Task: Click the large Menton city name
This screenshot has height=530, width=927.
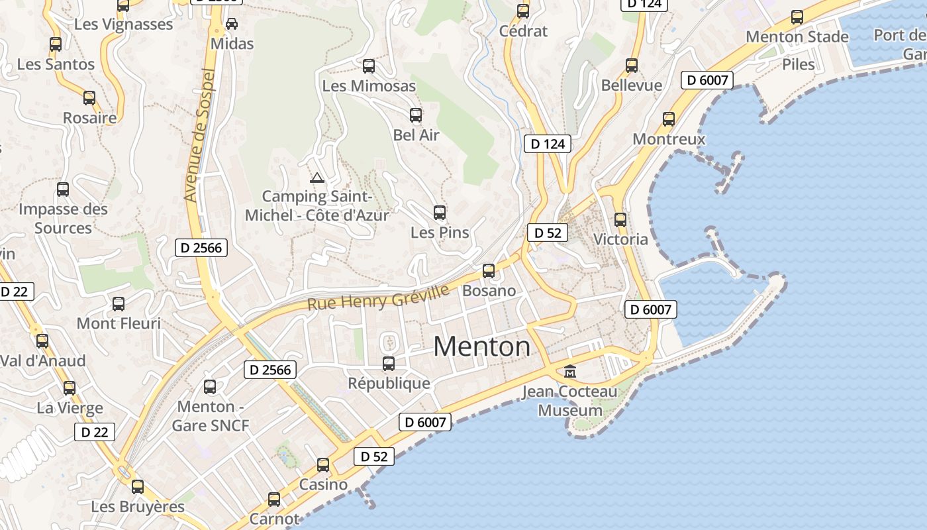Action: click(x=481, y=346)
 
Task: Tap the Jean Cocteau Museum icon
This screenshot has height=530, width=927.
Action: click(x=570, y=372)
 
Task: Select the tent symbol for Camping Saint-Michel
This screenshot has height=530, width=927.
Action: click(x=317, y=178)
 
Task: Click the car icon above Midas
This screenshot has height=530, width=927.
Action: click(x=232, y=24)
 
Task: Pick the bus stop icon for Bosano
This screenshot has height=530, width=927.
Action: click(x=489, y=270)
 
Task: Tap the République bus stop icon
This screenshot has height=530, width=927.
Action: click(x=389, y=363)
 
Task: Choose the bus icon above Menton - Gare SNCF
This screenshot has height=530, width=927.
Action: click(x=210, y=387)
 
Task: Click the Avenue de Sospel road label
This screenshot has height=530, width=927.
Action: click(x=200, y=135)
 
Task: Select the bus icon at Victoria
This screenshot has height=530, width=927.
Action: click(x=620, y=219)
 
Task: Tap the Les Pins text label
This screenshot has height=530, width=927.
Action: click(x=440, y=233)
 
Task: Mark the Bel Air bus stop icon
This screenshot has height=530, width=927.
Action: click(x=416, y=115)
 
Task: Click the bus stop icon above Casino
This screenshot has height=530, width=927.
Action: click(x=323, y=465)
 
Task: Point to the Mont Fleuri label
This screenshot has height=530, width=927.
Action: click(x=119, y=324)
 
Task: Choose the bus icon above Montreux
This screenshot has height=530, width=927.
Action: click(x=669, y=119)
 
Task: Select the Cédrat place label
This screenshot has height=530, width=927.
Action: click(x=523, y=31)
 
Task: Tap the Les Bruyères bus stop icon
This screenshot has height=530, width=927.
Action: click(x=138, y=487)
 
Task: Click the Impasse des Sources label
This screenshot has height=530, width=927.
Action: click(x=63, y=219)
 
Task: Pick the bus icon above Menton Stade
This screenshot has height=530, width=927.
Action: click(x=797, y=17)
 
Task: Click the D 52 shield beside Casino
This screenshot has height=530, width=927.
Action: click(x=374, y=456)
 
